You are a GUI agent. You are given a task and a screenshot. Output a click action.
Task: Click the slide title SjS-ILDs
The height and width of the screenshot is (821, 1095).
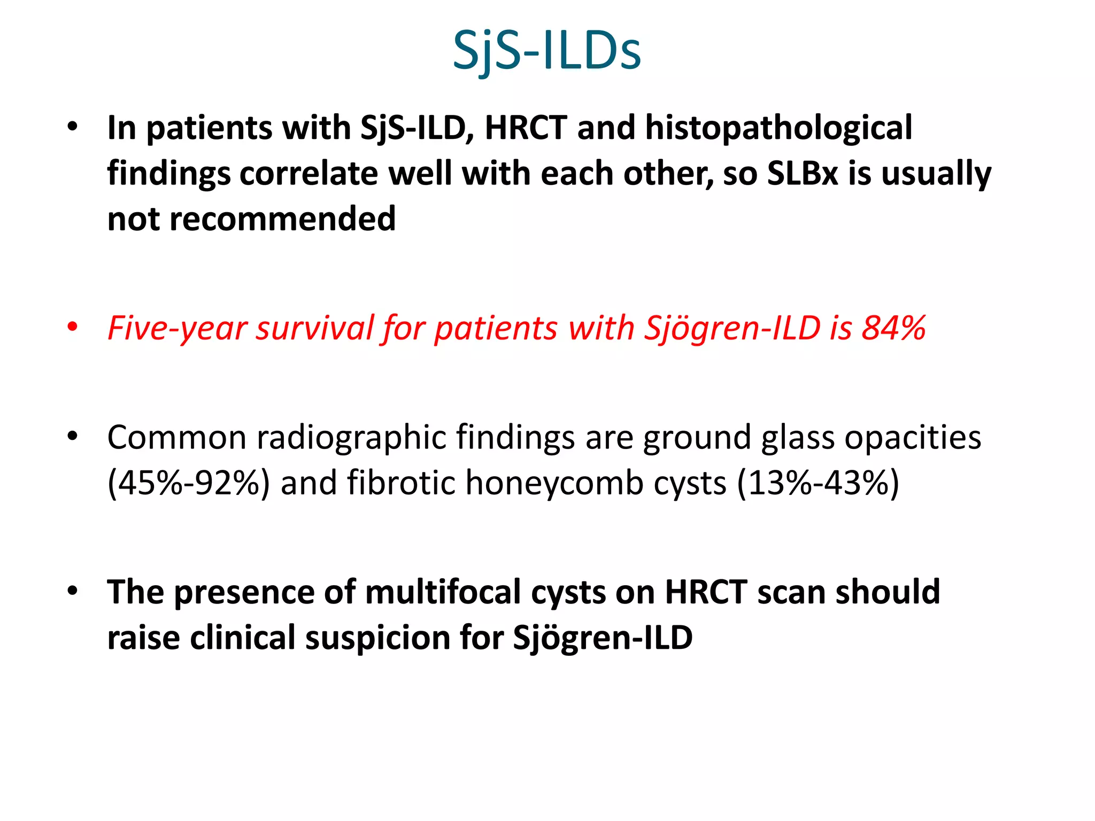(x=546, y=51)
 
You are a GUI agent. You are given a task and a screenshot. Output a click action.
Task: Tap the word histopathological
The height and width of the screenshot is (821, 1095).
(x=778, y=128)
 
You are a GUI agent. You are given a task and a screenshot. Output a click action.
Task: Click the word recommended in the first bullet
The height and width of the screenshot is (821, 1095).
(x=282, y=219)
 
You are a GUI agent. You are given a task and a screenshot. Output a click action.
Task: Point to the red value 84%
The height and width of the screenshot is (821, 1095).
(x=893, y=328)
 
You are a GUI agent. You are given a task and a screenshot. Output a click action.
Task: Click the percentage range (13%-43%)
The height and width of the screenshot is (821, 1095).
(x=818, y=483)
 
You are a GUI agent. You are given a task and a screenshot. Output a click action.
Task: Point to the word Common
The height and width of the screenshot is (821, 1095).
(x=176, y=437)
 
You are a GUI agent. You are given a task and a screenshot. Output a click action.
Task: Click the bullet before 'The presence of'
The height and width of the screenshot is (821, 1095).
(x=73, y=591)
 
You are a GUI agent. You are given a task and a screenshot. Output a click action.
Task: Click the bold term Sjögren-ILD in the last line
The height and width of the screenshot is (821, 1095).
(x=603, y=638)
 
